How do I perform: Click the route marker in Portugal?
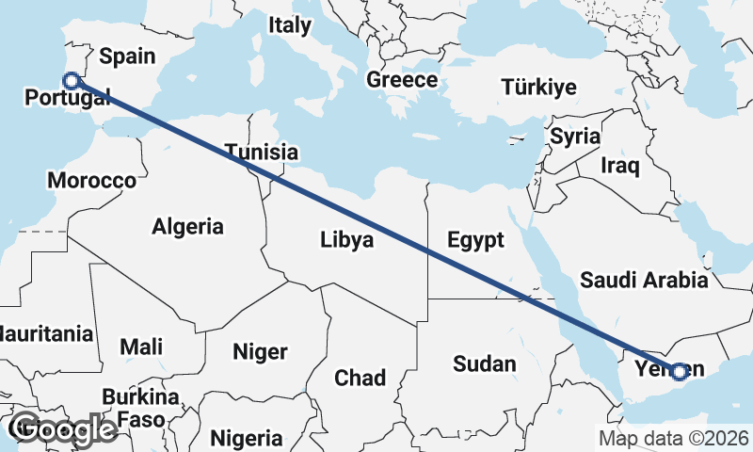coord(70,81)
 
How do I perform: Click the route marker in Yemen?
coord(680,371)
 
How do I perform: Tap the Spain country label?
coord(127,56)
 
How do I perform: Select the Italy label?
coord(289,25)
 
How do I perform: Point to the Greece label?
coord(402,80)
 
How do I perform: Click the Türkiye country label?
coord(538,88)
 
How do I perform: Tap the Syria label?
coord(575,137)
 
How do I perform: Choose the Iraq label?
coord(620,167)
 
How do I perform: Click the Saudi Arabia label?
coord(645,280)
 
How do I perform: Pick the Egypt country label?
coord(475,239)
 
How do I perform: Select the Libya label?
coord(346,240)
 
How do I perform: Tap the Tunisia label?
coord(262,152)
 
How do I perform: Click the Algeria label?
coord(188,226)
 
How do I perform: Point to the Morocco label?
coord(91,180)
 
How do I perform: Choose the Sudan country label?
coord(484,363)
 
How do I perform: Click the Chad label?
coord(360,378)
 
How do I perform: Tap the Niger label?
coord(260,352)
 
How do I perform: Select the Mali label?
coord(141,347)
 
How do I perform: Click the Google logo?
coord(63,429)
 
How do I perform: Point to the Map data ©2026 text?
coord(674,438)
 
